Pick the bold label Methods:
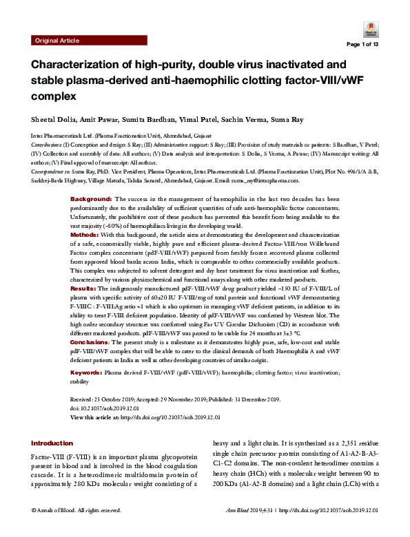pyautogui.click(x=85, y=235)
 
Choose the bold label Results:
pyautogui.click(x=84, y=288)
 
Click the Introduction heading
pyautogui.click(x=52, y=443)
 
